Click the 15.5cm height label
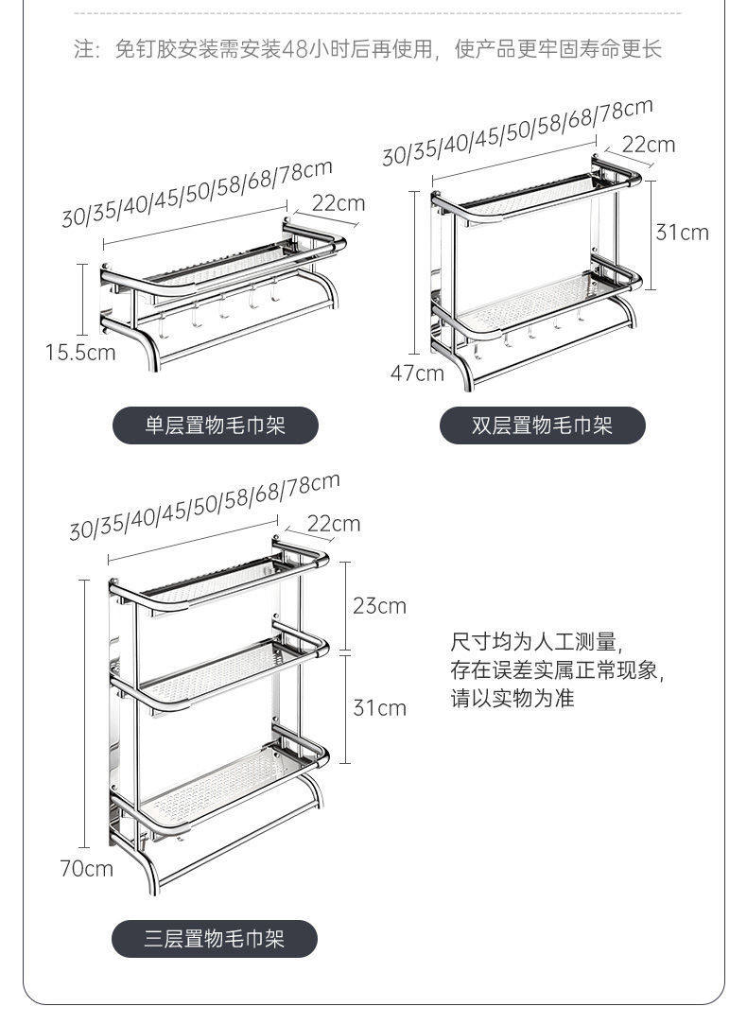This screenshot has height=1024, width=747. click(x=80, y=352)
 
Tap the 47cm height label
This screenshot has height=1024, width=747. click(x=417, y=373)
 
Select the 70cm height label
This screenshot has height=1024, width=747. click(x=86, y=868)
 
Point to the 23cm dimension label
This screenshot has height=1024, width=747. click(x=379, y=605)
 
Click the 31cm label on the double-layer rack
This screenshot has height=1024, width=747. click(x=682, y=232)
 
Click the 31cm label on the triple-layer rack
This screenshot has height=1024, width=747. click(x=379, y=707)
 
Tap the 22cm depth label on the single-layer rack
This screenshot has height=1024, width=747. click(x=338, y=203)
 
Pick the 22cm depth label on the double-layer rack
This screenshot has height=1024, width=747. click(x=649, y=144)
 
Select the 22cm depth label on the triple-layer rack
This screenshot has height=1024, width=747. click(x=333, y=523)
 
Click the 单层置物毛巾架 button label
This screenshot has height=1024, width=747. click(x=215, y=426)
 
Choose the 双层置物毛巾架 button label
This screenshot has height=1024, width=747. click(x=542, y=426)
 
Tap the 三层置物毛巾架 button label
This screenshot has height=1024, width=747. click(x=215, y=939)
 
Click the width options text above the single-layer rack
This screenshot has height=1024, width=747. click(x=197, y=194)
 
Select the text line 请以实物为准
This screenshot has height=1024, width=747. click(x=512, y=700)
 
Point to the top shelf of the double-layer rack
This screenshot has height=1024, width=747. click(x=534, y=195)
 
